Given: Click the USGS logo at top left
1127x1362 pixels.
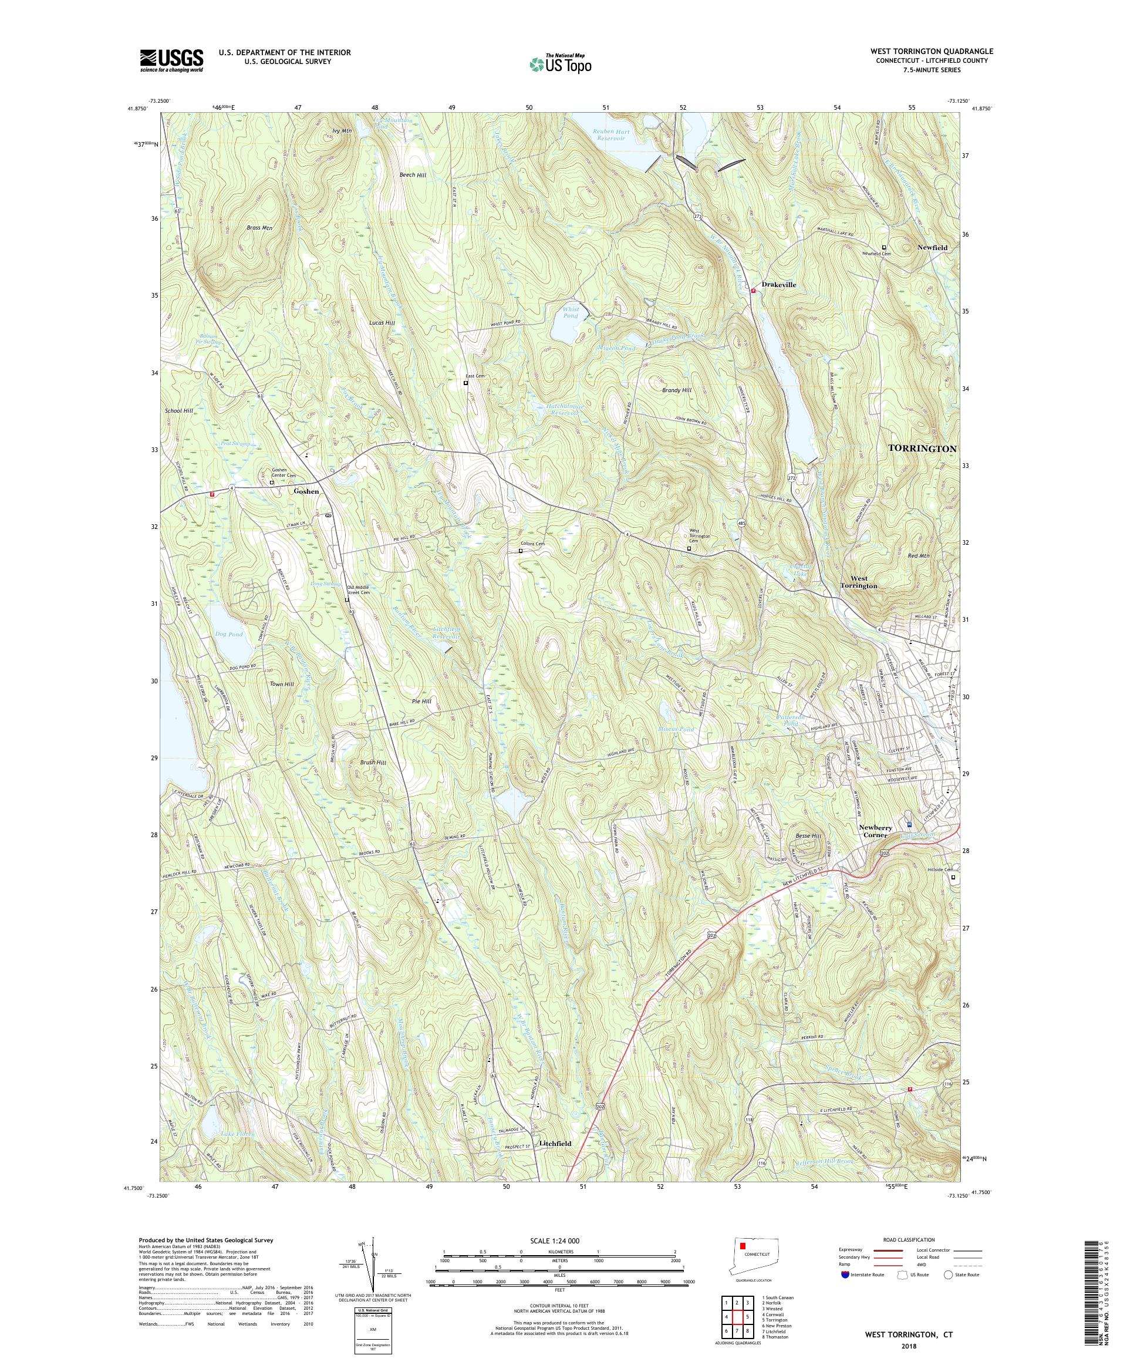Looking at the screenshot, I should (171, 61).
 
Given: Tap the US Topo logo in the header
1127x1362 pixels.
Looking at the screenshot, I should (560, 63).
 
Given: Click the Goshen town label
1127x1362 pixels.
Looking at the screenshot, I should (306, 491).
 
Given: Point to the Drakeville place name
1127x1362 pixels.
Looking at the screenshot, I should (779, 285).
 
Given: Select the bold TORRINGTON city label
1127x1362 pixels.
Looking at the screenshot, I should (921, 449).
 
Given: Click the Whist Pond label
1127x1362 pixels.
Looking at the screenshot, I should (570, 312).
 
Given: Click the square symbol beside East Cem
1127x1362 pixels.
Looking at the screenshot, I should (465, 383).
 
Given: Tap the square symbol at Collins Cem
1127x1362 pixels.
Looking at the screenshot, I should (520, 551).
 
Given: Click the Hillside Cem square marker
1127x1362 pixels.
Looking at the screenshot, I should (953, 878).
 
